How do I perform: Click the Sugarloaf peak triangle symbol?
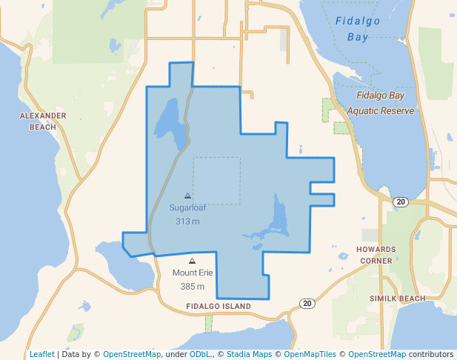tap(187, 196)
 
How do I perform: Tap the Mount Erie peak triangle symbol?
tap(193, 261)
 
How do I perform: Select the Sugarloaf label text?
tap(187, 208)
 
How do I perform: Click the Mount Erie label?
tap(193, 273)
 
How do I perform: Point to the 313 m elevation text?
tap(187, 221)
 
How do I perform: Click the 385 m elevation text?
tap(193, 287)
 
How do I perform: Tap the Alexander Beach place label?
tap(43, 121)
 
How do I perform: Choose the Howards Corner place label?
tap(376, 255)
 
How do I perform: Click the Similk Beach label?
tap(402, 299)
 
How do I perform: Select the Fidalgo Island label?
tap(219, 306)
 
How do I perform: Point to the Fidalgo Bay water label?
tap(357, 29)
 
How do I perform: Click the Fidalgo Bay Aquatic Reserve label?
tap(384, 103)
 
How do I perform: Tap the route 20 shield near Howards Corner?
tap(400, 202)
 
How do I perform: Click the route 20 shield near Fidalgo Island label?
tap(307, 303)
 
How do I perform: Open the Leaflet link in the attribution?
tap(42, 355)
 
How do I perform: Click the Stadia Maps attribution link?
tap(247, 355)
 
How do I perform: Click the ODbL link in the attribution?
tap(200, 355)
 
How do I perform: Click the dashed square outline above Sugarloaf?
tap(217, 158)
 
